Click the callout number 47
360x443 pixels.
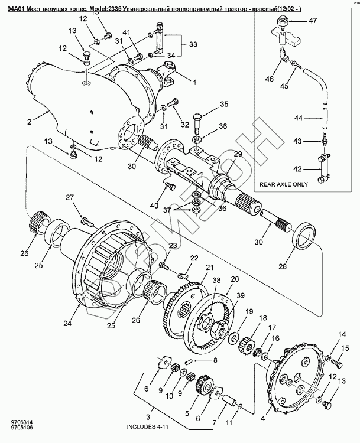click(313, 21)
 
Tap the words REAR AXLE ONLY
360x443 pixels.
click(284, 184)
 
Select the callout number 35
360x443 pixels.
click(224, 104)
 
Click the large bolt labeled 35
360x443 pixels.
click(197, 124)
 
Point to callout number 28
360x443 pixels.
click(283, 266)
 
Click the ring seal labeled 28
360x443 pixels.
click(304, 235)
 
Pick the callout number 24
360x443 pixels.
click(67, 323)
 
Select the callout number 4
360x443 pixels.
click(263, 419)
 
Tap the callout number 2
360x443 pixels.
click(29, 122)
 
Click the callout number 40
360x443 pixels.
click(154, 206)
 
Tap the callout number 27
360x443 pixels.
click(70, 197)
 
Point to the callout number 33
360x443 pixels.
click(193, 44)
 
